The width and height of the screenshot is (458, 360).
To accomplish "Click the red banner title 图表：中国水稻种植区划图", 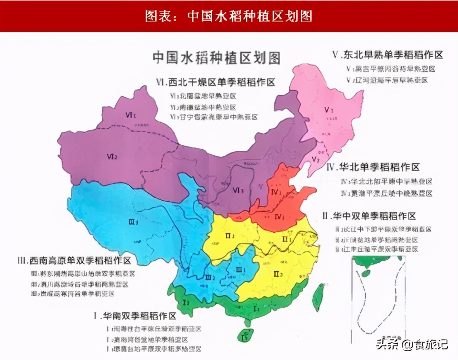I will (229, 16).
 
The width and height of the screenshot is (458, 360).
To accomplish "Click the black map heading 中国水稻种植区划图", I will (216, 58).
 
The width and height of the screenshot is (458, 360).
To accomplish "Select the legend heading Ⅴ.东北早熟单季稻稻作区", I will (388, 55).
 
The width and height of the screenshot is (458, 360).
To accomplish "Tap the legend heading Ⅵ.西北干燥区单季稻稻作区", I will (216, 82).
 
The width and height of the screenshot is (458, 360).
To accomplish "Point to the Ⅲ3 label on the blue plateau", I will (134, 222).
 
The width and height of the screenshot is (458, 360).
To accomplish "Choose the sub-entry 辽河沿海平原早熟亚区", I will (387, 80).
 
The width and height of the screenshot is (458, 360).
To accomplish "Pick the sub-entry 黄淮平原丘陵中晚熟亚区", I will (387, 193).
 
